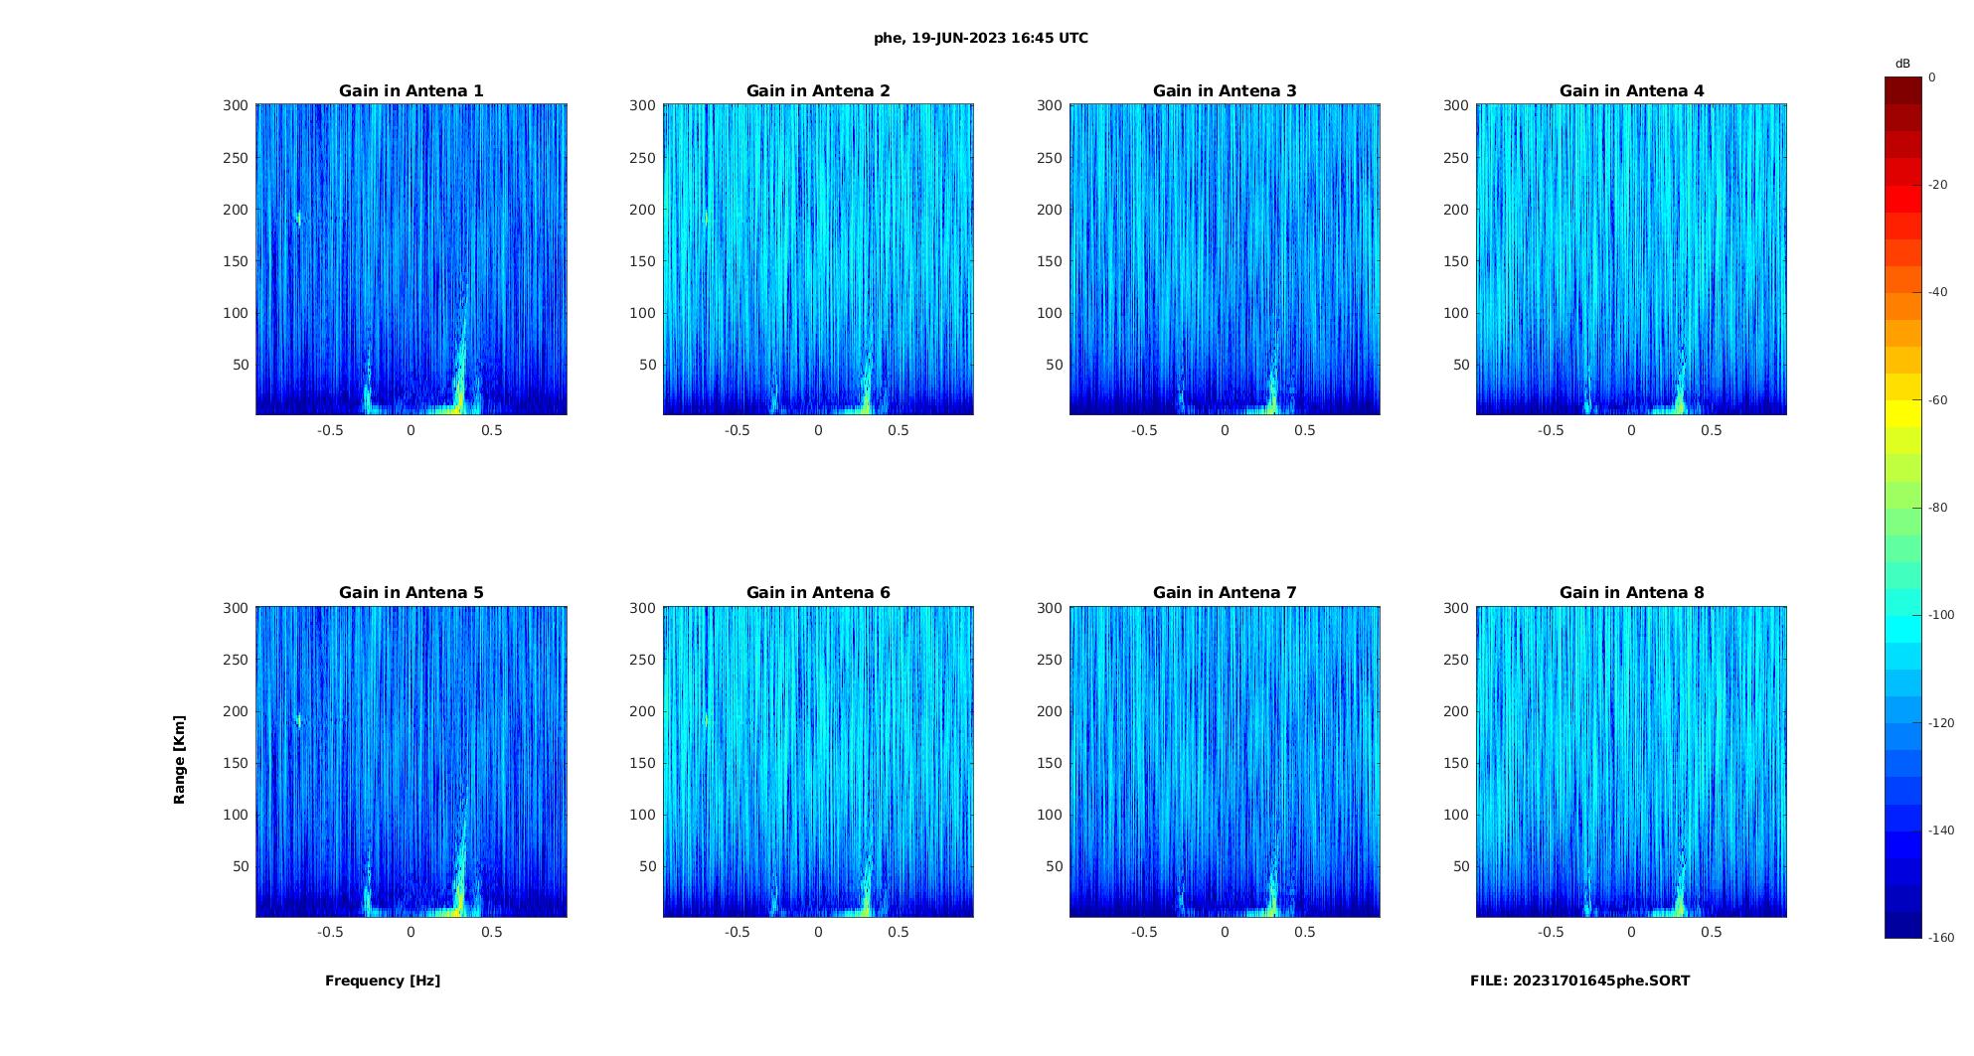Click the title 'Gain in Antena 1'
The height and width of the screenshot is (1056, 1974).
(411, 91)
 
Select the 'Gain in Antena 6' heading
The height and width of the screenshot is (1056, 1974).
(818, 593)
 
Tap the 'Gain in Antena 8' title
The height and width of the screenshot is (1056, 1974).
(1631, 593)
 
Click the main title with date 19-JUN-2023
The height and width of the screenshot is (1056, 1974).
(981, 39)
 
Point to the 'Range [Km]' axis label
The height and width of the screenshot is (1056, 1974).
(179, 759)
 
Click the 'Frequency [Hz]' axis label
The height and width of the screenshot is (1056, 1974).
(383, 981)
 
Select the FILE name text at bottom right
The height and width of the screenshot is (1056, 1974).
(1579, 981)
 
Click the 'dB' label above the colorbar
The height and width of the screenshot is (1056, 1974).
(1902, 64)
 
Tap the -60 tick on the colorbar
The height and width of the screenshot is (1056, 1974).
(1938, 400)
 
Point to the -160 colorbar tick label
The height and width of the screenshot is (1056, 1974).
(1941, 938)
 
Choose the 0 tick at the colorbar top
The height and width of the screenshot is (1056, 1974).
(1932, 77)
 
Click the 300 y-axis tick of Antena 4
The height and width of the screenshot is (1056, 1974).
(1456, 105)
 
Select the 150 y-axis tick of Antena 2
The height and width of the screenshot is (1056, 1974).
(642, 261)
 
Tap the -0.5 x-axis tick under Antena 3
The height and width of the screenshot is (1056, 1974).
(1144, 430)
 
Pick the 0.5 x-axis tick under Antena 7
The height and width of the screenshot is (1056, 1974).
(1305, 932)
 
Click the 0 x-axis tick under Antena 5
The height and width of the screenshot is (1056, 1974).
(411, 932)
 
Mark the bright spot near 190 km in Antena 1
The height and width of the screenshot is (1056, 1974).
(297, 218)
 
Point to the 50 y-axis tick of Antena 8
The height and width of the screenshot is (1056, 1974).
(1461, 866)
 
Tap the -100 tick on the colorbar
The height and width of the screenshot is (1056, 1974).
(1941, 615)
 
